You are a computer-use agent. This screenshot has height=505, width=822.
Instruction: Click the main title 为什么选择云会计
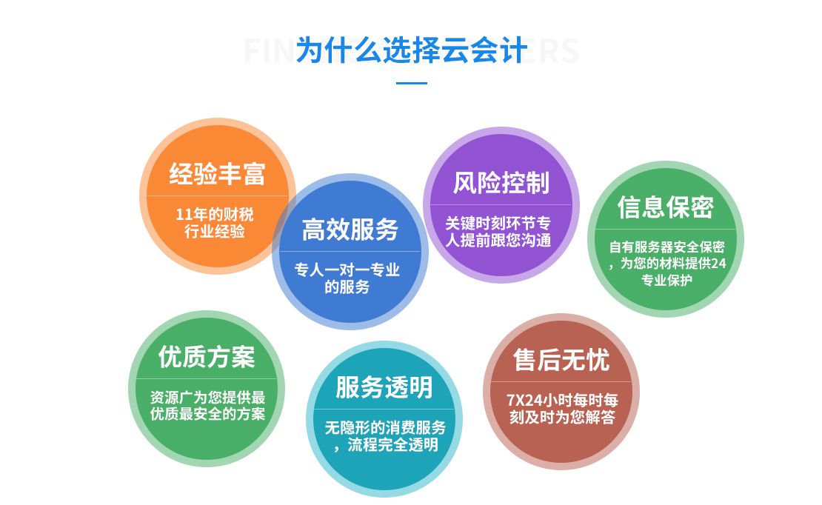[x=412, y=50]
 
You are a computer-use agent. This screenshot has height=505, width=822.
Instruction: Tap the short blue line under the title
[x=412, y=83]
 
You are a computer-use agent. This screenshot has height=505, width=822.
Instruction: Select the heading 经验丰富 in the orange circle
[x=217, y=173]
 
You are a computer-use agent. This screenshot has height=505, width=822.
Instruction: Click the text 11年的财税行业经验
[x=215, y=223]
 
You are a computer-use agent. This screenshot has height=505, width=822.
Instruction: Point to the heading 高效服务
[x=350, y=230]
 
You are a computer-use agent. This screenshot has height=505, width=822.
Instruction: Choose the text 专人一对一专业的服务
[x=347, y=278]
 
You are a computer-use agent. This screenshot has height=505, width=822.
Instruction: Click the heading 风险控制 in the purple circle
[x=501, y=183]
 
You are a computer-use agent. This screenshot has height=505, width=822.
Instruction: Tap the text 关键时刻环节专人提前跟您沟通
[x=498, y=233]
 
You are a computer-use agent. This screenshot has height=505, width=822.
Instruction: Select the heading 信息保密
[x=665, y=207]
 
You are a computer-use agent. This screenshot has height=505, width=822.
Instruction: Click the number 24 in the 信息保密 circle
[x=719, y=264]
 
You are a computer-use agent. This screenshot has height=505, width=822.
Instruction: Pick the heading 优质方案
[x=207, y=357]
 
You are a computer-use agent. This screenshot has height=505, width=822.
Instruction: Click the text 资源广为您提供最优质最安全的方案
[x=207, y=406]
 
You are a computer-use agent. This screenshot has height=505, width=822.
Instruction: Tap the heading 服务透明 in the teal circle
[x=384, y=387]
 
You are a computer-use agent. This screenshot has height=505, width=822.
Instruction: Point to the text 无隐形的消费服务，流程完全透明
[x=385, y=436]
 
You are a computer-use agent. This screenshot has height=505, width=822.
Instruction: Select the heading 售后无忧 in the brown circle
[x=561, y=361]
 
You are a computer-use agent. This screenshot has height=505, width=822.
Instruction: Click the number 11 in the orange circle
[x=183, y=215]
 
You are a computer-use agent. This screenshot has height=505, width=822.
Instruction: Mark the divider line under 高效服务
[x=350, y=252]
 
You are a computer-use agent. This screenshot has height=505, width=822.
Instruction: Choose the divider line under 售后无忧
[x=561, y=382]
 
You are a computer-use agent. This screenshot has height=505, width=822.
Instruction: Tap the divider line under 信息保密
[x=665, y=229]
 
